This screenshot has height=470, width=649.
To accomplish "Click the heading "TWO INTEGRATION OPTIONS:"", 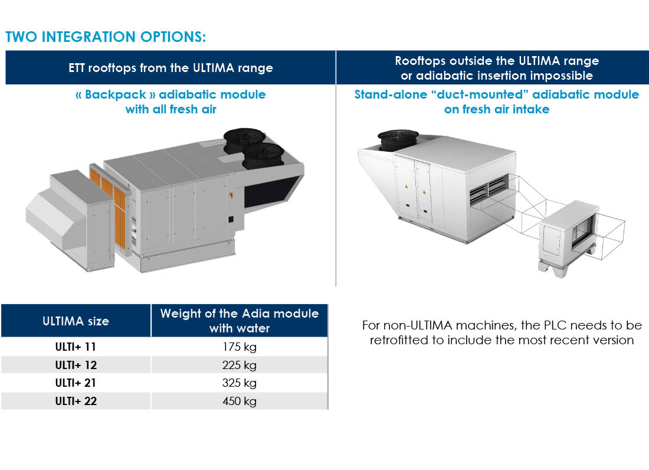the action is [x=106, y=37].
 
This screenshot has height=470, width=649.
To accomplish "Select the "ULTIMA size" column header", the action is [x=76, y=321].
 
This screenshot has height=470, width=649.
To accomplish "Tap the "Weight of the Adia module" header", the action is [x=239, y=314].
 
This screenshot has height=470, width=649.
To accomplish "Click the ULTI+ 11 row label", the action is [x=76, y=347].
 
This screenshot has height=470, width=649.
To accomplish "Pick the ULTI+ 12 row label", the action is [x=76, y=365].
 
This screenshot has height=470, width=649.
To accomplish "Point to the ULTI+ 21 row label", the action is [x=76, y=383].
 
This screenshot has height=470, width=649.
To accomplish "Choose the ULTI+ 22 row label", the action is [x=76, y=401].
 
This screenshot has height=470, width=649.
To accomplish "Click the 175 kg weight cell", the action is [x=239, y=347].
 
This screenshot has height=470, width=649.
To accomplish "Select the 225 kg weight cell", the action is [x=239, y=365].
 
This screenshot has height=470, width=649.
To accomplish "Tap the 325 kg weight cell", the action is [x=239, y=383].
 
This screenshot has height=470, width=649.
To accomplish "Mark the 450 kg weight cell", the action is [x=239, y=402].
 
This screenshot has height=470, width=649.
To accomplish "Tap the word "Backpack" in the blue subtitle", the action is [x=116, y=94].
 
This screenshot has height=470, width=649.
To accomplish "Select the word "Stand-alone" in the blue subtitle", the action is [x=391, y=94].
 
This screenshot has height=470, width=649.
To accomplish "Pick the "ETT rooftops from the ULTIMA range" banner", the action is [x=171, y=68].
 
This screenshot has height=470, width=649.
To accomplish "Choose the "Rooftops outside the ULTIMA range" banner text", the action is [x=497, y=61].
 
